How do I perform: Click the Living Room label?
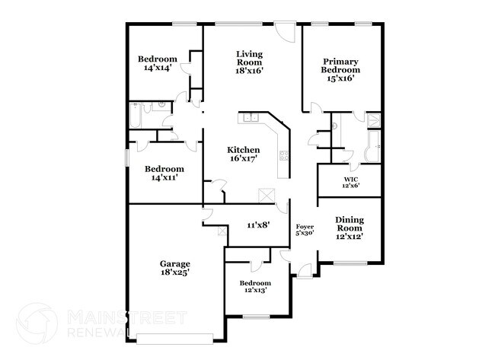click(249, 61)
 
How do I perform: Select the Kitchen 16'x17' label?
click(244, 154)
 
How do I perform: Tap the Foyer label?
click(305, 229)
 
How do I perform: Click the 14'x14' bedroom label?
click(157, 63)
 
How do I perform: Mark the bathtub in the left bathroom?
click(136, 115)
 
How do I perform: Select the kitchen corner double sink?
click(252, 117)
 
